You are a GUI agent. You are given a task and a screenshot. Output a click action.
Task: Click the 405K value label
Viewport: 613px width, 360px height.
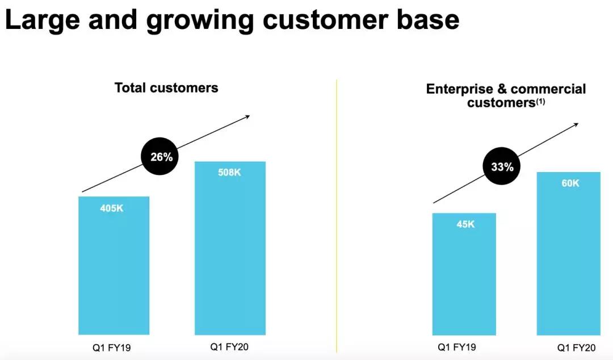[111, 208]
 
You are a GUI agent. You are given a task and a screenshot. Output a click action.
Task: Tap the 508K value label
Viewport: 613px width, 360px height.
[229, 173]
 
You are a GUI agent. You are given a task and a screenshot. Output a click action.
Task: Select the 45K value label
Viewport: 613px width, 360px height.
[465, 224]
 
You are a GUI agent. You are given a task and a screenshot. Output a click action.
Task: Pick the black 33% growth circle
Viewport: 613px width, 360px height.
[502, 167]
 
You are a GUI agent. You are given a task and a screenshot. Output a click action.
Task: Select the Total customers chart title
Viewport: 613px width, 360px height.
[166, 87]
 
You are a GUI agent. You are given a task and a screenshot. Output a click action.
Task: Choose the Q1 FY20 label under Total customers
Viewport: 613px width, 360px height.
[230, 347]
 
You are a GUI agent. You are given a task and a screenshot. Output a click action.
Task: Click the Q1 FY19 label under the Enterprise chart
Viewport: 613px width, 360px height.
[456, 347]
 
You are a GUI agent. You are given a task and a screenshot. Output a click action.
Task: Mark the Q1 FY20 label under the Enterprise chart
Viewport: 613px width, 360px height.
[576, 348]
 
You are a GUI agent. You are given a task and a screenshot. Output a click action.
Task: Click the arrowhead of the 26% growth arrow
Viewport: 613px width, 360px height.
[247, 116]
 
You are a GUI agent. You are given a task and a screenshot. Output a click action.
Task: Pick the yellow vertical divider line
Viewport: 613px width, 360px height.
[337, 216]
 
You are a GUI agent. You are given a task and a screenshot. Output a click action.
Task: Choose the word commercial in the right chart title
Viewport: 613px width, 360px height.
[548, 89]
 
